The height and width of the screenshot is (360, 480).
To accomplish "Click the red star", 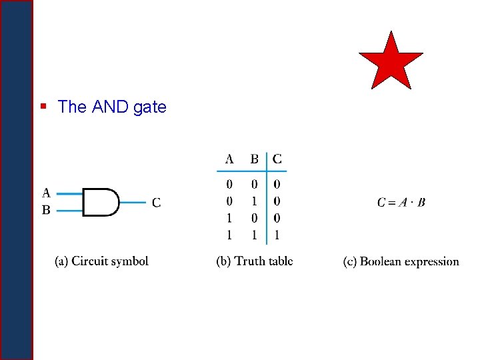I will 391,61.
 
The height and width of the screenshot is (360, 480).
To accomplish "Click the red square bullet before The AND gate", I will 43,106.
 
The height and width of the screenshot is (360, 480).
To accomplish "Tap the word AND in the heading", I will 110,107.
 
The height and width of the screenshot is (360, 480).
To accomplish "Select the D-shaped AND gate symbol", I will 101,202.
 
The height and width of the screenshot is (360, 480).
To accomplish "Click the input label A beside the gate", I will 46,193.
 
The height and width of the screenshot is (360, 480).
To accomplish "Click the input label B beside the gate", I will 46,210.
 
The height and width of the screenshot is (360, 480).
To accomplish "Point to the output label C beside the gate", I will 156,202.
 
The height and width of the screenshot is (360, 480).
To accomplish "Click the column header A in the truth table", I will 229,159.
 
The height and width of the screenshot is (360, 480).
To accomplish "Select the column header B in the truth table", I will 254,159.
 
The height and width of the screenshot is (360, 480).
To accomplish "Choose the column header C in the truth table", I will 277,159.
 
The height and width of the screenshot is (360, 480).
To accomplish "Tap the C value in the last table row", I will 277,235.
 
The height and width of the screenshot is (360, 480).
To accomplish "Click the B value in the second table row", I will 254,201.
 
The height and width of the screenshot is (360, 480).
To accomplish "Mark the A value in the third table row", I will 229,218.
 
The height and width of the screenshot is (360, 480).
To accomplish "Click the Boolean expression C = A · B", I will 401,202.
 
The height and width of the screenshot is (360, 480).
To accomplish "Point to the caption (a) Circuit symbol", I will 101,261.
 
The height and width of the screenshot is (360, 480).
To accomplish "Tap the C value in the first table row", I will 277,184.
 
